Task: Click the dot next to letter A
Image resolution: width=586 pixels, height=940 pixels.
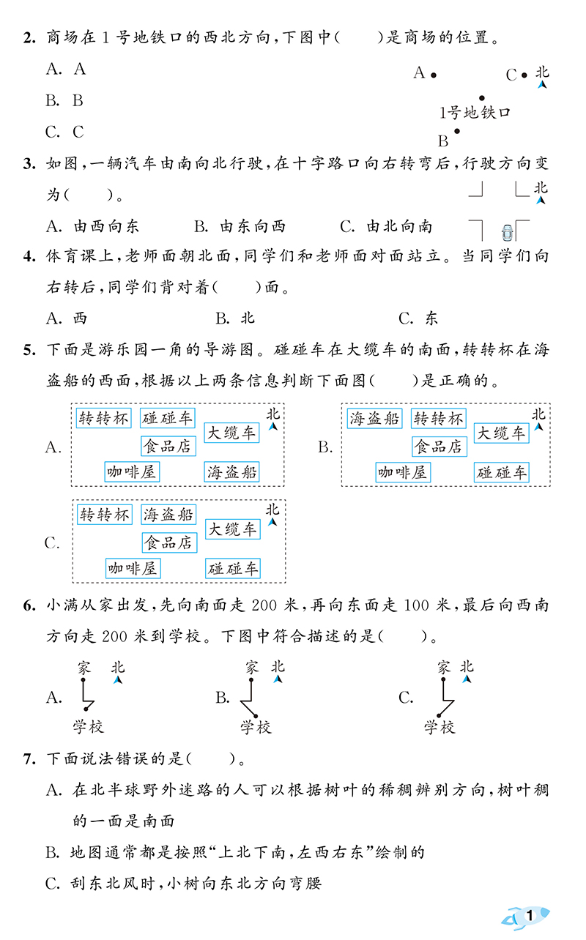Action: coord(434,74)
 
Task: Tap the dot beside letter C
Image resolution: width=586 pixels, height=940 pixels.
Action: coord(525,75)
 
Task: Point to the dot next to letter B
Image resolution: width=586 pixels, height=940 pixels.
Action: coord(457,132)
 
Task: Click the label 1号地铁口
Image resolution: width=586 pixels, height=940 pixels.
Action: coord(474,113)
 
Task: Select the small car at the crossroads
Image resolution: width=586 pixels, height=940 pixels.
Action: coord(507,233)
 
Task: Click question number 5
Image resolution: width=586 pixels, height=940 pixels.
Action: coord(28,350)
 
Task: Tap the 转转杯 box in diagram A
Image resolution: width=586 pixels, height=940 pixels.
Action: coord(103,419)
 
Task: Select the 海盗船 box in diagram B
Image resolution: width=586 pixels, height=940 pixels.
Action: coord(374,419)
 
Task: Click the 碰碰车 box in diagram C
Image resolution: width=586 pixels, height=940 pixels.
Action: coord(233,568)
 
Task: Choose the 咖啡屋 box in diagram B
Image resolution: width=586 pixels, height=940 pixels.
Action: coord(403,473)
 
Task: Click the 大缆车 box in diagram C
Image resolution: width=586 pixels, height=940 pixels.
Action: coord(232,529)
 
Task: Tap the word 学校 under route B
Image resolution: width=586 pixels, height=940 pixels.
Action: coord(256,727)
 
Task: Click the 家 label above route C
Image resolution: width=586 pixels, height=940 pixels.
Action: coord(443,667)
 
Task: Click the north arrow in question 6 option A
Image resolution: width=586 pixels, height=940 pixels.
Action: coord(118,681)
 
